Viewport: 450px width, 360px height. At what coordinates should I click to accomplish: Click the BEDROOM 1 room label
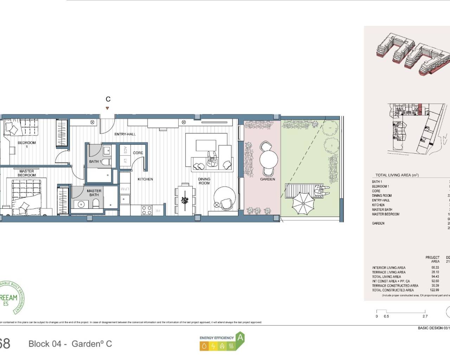pos(27,144)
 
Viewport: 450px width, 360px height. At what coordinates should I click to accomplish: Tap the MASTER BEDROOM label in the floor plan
pos(27,173)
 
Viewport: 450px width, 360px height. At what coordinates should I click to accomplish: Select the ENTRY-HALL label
pos(125,134)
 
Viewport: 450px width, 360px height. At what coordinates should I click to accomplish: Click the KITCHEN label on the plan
pos(145,179)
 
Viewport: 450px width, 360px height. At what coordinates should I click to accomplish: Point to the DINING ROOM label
pos(204,181)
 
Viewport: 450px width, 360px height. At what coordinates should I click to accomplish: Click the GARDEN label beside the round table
pos(268,179)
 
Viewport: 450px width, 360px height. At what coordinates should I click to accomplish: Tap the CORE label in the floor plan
pos(138,153)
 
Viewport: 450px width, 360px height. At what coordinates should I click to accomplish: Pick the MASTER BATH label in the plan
pos(94,193)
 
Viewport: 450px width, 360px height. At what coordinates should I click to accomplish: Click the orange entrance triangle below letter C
pos(108,109)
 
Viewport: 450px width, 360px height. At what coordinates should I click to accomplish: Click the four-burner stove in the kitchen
pos(147,210)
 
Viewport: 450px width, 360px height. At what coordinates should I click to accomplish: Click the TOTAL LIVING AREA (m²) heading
pos(397,175)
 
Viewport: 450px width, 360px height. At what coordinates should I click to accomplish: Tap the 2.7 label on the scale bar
pos(425,316)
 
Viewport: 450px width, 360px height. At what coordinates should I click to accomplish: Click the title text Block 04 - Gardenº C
pos(70,344)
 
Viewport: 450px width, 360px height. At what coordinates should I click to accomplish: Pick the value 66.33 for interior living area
pos(435,268)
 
